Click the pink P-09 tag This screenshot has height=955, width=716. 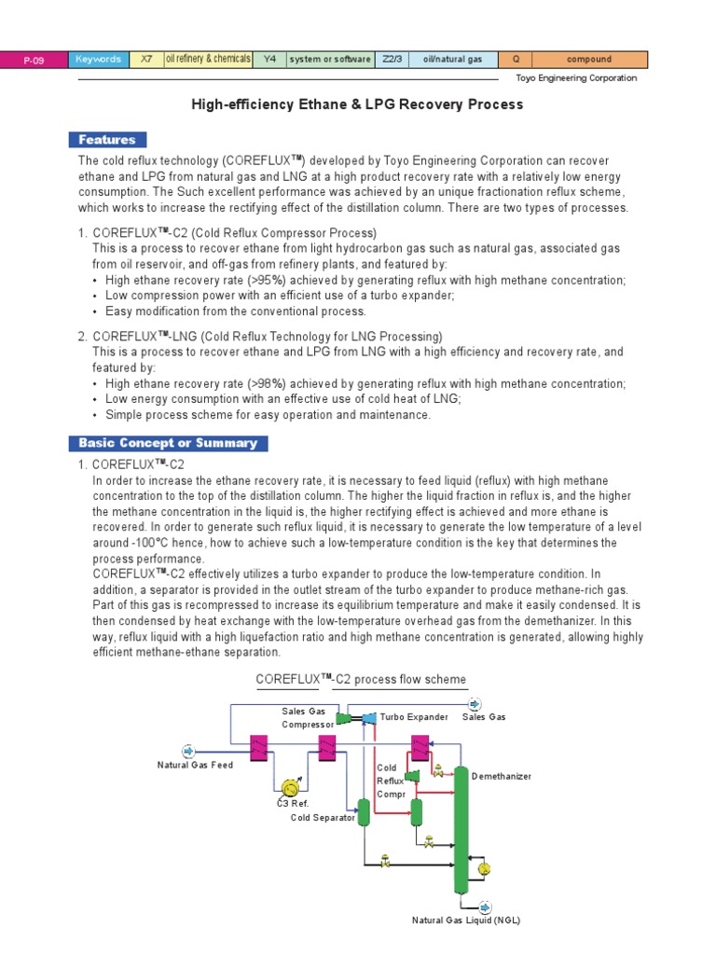[33, 60]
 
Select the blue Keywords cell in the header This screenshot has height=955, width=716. [97, 60]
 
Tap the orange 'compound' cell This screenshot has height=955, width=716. [589, 60]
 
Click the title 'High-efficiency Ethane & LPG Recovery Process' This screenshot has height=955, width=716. [357, 104]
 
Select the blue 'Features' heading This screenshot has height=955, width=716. [107, 140]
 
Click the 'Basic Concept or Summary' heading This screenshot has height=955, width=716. [168, 443]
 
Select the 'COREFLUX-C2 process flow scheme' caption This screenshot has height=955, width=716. [361, 679]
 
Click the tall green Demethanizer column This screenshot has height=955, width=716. [460, 830]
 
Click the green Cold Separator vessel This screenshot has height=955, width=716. [364, 813]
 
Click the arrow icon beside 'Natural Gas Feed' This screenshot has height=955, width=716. [187, 750]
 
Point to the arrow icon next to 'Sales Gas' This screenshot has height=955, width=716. [475, 704]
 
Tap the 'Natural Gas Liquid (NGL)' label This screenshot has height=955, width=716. [466, 920]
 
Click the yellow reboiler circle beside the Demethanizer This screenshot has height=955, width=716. [483, 868]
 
